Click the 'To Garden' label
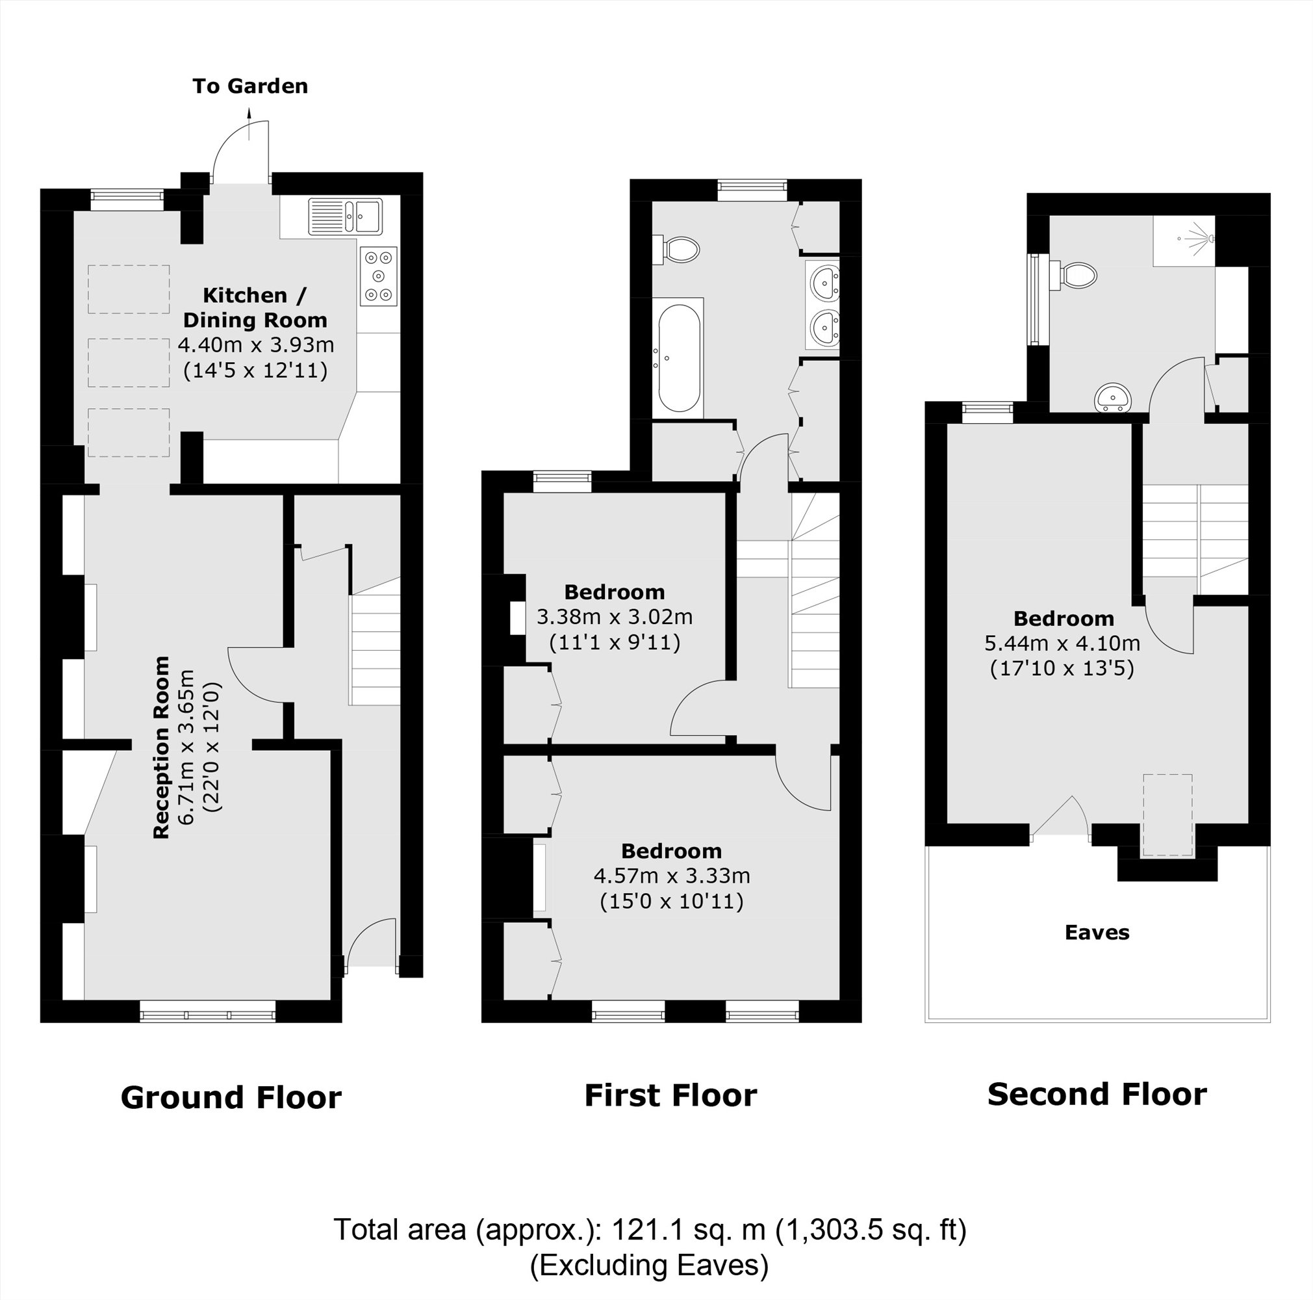click(249, 86)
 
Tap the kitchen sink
click(346, 216)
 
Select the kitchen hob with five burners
click(379, 276)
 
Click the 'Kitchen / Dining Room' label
click(255, 307)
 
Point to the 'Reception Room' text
click(162, 747)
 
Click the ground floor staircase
click(374, 649)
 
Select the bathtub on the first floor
click(678, 358)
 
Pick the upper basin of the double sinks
click(824, 281)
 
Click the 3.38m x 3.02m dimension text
click(615, 617)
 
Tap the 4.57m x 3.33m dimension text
click(672, 876)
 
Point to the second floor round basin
click(1112, 398)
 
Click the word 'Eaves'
click(1097, 932)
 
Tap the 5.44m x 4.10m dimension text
click(1062, 643)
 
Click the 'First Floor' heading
click(670, 1095)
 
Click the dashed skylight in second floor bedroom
click(1167, 815)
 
